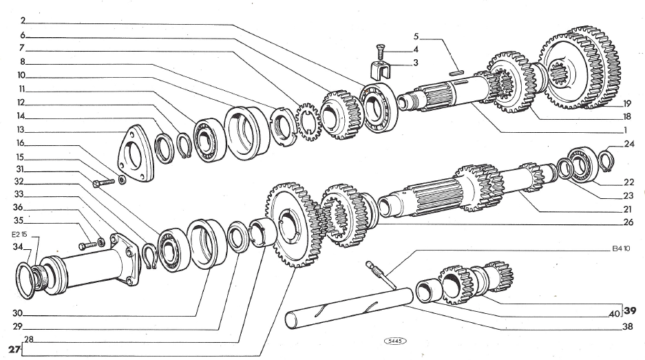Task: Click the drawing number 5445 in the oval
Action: (395, 340)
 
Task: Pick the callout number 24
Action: (628, 145)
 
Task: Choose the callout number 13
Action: (21, 129)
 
